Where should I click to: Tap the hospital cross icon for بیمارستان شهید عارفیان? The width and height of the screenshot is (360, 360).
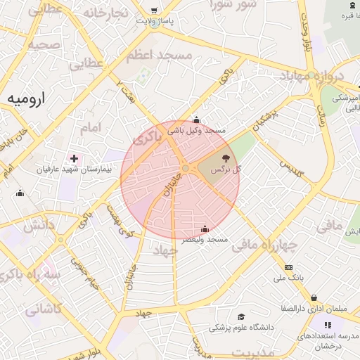coord(75,158)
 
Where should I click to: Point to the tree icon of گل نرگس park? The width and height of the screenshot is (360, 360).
coord(226,159)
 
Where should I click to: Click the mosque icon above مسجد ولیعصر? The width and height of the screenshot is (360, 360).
coord(205,229)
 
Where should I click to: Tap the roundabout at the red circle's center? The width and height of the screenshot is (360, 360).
coord(185,169)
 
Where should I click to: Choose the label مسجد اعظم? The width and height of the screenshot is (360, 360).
coord(185,54)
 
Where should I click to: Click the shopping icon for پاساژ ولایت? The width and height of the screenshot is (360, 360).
coord(154,11)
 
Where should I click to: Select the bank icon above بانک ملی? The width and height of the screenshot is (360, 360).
coord(288,267)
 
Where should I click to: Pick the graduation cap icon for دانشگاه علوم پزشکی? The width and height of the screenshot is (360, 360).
coord(241,317)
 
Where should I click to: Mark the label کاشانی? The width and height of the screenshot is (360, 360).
coord(44,307)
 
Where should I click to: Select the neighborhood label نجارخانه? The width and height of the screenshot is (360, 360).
coord(105,13)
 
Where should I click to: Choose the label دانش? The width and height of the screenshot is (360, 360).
coord(40,226)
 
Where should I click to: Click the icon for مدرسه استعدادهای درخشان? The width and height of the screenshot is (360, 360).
coord(327,325)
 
